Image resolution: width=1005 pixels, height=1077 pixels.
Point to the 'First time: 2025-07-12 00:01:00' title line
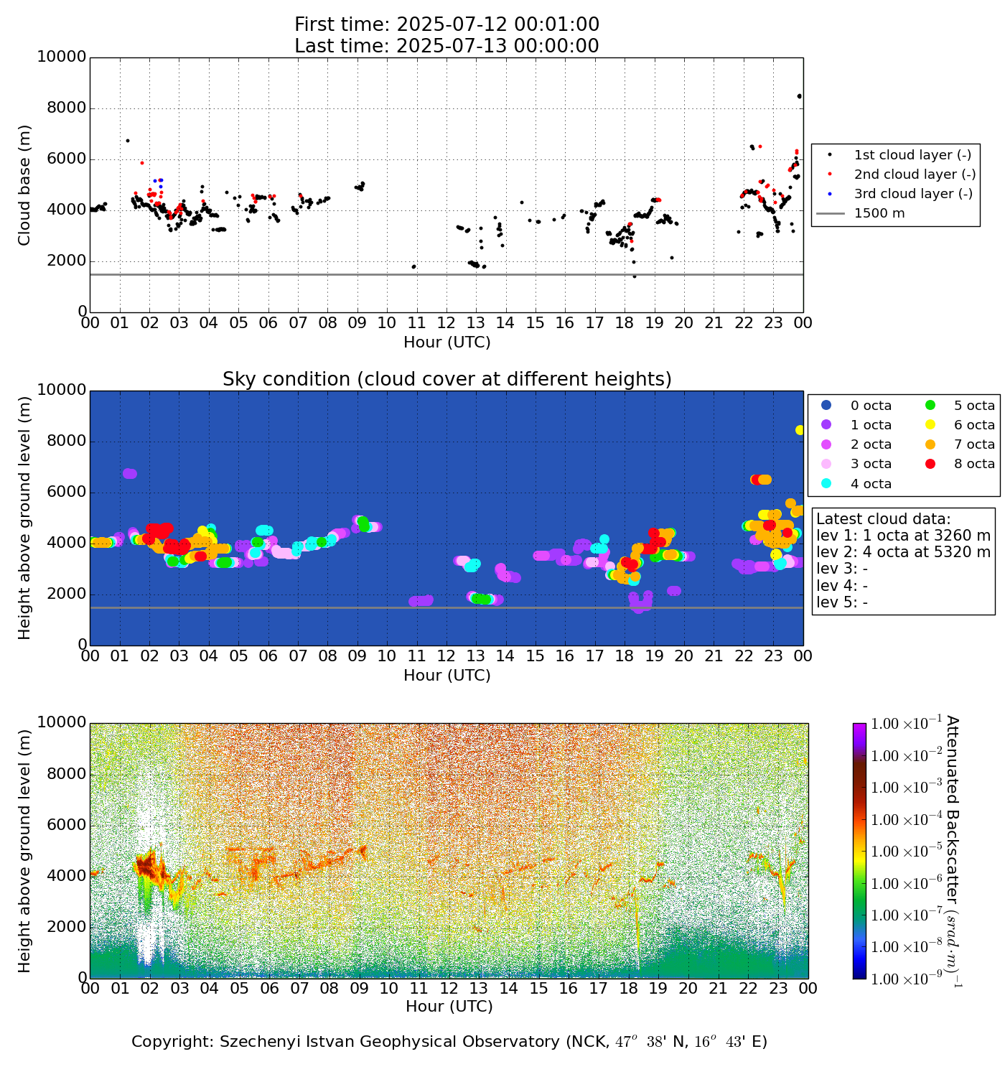pyautogui.click(x=447, y=24)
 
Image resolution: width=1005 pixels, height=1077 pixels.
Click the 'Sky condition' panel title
pyautogui.click(x=447, y=379)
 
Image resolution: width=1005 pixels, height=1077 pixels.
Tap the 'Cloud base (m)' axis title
pyautogui.click(x=25, y=185)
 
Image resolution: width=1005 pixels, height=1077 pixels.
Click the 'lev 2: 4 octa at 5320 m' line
pyautogui.click(x=903, y=552)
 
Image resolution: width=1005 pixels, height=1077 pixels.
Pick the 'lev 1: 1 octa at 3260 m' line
pyautogui.click(x=903, y=536)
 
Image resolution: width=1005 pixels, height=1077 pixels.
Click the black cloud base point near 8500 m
pyautogui.click(x=800, y=96)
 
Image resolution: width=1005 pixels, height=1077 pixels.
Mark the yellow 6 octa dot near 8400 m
pyautogui.click(x=800, y=430)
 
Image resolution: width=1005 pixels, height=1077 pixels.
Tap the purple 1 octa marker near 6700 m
pyautogui.click(x=129, y=474)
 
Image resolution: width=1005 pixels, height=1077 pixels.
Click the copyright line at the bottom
pyautogui.click(x=449, y=1042)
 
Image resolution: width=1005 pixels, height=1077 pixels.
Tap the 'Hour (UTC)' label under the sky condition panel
pyautogui.click(x=447, y=676)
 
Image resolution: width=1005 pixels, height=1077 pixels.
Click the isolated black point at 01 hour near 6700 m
pyautogui.click(x=127, y=141)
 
